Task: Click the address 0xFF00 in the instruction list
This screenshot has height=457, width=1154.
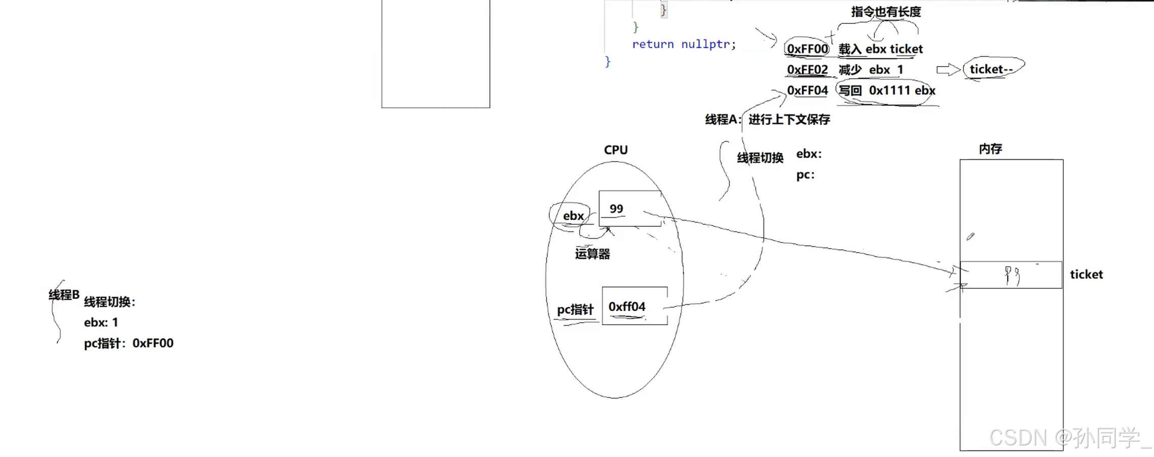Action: pyautogui.click(x=807, y=49)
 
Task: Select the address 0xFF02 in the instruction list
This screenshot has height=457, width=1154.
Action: pyautogui.click(x=807, y=70)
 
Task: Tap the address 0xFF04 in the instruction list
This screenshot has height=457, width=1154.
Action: pyautogui.click(x=807, y=90)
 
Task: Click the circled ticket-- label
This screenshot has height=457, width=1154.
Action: pyautogui.click(x=991, y=69)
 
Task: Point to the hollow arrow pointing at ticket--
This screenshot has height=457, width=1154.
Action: pyautogui.click(x=948, y=70)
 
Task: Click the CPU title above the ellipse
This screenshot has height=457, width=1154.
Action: pyautogui.click(x=616, y=150)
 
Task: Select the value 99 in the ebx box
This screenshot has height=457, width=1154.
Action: pyautogui.click(x=616, y=209)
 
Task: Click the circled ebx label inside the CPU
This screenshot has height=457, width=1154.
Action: pyautogui.click(x=573, y=216)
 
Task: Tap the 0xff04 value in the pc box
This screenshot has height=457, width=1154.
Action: pyautogui.click(x=627, y=307)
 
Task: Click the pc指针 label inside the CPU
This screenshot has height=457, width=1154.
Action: pyautogui.click(x=575, y=309)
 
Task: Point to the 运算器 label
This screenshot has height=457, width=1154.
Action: pyautogui.click(x=592, y=254)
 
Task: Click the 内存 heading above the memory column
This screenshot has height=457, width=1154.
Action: pyautogui.click(x=990, y=149)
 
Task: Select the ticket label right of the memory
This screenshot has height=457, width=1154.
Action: pyautogui.click(x=1086, y=275)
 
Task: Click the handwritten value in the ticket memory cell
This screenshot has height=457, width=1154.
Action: pyautogui.click(x=1012, y=276)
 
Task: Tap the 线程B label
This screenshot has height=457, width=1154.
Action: pyautogui.click(x=64, y=295)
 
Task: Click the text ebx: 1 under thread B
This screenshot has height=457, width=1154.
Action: pyautogui.click(x=101, y=323)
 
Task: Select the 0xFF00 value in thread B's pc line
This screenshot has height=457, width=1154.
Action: pyautogui.click(x=153, y=343)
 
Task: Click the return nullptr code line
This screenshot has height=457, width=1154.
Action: pyautogui.click(x=683, y=44)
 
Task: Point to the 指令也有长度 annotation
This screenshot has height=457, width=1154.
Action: pyautogui.click(x=885, y=12)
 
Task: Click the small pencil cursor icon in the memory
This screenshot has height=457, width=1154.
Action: pyautogui.click(x=970, y=237)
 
